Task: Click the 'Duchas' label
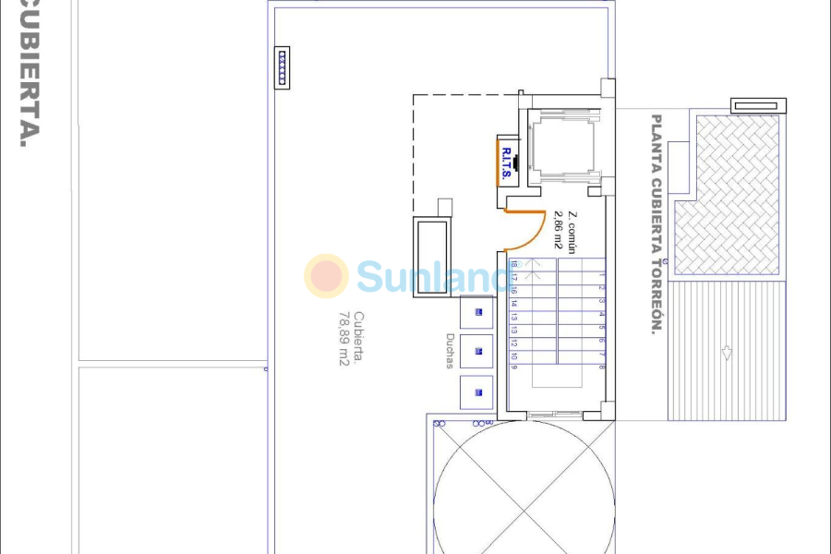tap(450, 351)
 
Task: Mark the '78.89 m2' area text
tap(342, 339)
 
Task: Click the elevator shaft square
tap(563, 146)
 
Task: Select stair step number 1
tap(601, 274)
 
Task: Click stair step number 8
tap(601, 367)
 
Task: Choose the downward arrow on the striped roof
tap(727, 353)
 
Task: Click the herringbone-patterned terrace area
tap(727, 194)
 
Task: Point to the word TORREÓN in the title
tap(656, 295)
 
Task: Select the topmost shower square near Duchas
tap(477, 313)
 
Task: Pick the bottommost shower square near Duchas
tap(477, 392)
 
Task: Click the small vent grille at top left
tap(283, 68)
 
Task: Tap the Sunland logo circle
tap(326, 276)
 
